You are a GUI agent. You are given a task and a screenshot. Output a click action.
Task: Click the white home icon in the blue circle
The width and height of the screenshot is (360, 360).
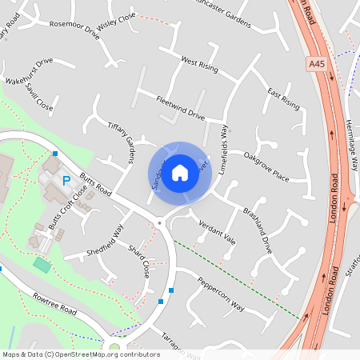[x=180, y=173]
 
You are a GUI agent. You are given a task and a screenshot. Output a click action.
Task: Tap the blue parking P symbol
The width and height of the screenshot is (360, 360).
[x=66, y=181]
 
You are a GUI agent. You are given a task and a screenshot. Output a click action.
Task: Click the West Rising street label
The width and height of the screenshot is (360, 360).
[x=199, y=62]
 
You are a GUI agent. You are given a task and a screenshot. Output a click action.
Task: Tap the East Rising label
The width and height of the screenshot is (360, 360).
[x=284, y=99]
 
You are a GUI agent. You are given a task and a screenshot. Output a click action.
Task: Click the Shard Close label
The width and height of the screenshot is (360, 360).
[x=139, y=262]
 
